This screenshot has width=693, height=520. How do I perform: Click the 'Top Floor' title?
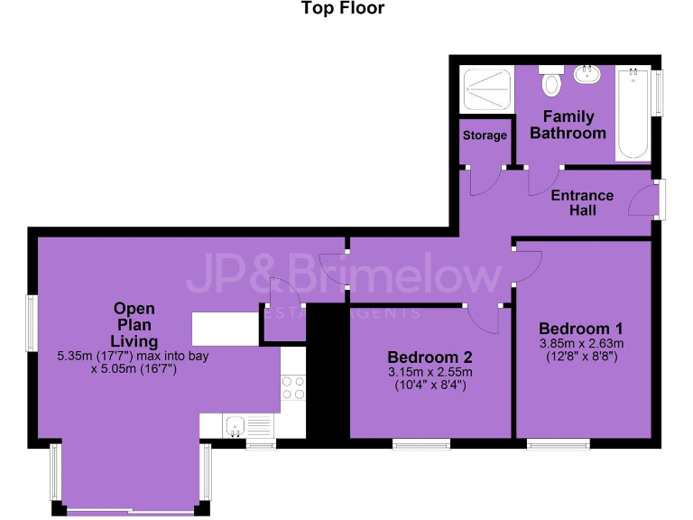(342, 9)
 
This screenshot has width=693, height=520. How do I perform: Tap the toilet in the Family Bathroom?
(551, 83)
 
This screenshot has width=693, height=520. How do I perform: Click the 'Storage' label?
(485, 135)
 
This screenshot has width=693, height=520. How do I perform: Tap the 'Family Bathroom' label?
(568, 125)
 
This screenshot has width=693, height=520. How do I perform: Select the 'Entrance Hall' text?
(582, 202)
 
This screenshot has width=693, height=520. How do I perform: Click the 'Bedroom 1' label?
(581, 328)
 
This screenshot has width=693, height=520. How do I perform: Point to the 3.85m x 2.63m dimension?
(581, 344)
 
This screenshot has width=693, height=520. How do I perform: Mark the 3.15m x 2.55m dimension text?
(430, 372)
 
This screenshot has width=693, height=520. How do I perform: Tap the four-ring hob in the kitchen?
(293, 387)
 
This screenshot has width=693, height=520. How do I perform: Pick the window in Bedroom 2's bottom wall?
(420, 442)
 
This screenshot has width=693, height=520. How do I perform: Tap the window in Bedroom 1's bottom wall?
(559, 442)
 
